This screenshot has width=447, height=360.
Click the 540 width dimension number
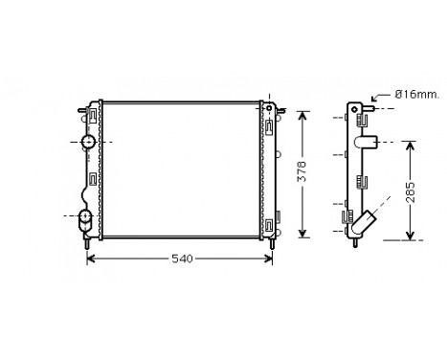coord(182,259)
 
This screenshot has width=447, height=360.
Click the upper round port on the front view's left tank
coord(88,143)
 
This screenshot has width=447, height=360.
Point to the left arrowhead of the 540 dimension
coord(93,259)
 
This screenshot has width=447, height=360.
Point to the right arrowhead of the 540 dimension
coord(271,259)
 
